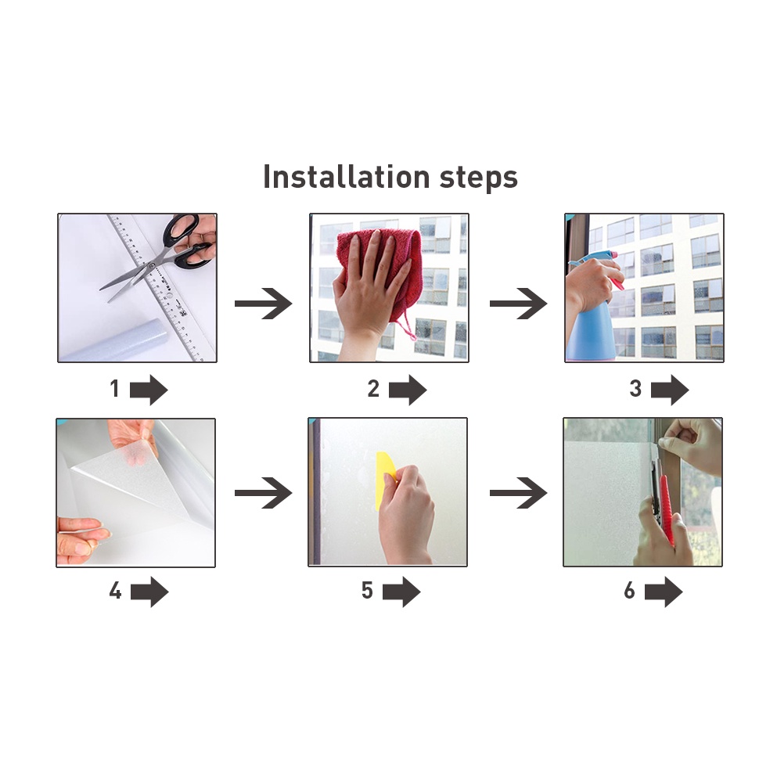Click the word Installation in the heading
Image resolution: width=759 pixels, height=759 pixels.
pyautogui.click(x=347, y=176)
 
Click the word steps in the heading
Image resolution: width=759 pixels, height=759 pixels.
pyautogui.click(x=479, y=178)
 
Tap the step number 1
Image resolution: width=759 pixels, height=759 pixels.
pyautogui.click(x=115, y=388)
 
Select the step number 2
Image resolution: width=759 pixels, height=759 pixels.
pyautogui.click(x=373, y=388)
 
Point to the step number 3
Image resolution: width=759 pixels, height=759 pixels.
pyautogui.click(x=635, y=388)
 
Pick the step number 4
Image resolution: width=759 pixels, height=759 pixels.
pyautogui.click(x=115, y=591)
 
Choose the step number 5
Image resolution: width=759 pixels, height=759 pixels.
pyautogui.click(x=367, y=591)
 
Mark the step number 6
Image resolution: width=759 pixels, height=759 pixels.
pyautogui.click(x=629, y=591)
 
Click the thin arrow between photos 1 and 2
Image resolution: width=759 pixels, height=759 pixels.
pyautogui.click(x=264, y=304)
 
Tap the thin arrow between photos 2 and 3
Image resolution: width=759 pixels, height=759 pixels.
pyautogui.click(x=519, y=304)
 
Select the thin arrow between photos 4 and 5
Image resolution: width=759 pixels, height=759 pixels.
pyautogui.click(x=264, y=493)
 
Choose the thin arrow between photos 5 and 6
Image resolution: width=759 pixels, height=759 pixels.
pyautogui.click(x=519, y=493)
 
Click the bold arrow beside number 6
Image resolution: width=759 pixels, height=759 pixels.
pyautogui.click(x=664, y=592)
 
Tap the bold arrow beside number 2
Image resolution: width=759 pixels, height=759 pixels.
pyautogui.click(x=408, y=390)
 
